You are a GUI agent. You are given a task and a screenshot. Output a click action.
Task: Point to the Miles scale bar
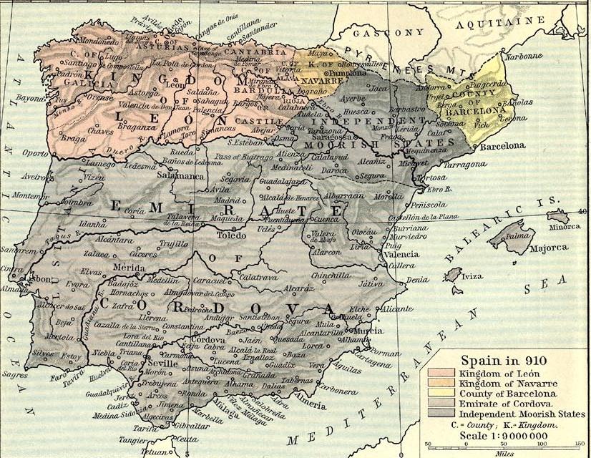tap(501, 445)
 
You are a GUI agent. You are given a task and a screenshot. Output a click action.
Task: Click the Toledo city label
tap(231, 233)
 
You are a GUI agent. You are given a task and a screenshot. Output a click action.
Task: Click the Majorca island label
tap(548, 249)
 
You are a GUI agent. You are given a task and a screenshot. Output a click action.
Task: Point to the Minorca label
tap(565, 226)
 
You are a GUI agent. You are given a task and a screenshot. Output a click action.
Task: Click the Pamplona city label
tap(347, 73)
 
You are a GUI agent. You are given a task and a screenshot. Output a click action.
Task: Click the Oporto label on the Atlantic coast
tap(33, 152)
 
